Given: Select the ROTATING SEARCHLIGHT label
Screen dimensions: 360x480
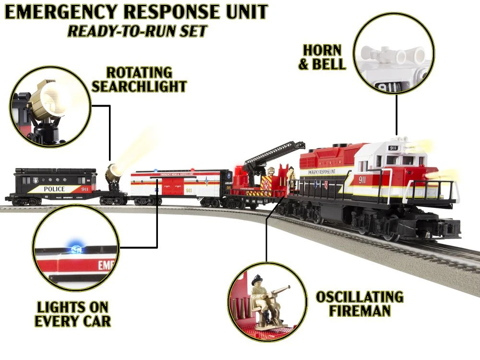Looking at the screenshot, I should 139,80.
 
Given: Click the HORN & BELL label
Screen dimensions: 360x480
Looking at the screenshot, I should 322,57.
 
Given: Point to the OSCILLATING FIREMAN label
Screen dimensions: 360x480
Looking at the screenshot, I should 360,303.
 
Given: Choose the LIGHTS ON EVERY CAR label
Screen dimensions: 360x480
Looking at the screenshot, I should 72,314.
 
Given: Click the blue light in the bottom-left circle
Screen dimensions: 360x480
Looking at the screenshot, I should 74,243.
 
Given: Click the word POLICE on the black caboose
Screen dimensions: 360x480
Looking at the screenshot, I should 54,189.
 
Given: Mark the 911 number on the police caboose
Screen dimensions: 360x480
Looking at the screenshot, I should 84,189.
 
